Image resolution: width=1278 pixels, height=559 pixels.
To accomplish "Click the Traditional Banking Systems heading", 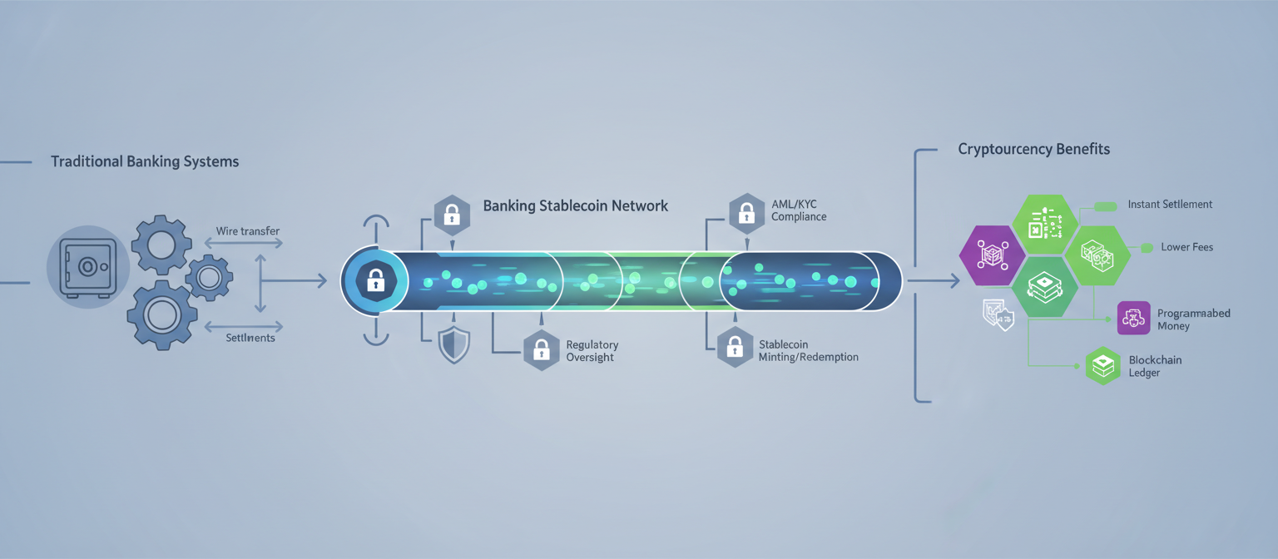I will pyautogui.click(x=145, y=161).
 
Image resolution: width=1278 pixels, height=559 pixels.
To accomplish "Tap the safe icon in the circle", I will pyautogui.click(x=88, y=267).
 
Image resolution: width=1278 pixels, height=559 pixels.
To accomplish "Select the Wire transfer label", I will pyautogui.click(x=248, y=230).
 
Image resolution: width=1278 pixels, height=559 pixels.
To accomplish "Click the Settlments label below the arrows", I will pyautogui.click(x=250, y=338).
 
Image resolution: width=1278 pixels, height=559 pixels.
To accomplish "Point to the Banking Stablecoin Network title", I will pyautogui.click(x=575, y=205).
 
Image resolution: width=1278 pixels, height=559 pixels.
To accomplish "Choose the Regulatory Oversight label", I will pyautogui.click(x=592, y=350).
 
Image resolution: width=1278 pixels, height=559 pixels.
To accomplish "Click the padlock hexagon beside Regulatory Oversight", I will pyautogui.click(x=542, y=350).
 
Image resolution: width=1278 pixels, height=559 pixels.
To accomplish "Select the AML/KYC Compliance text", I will pyautogui.click(x=799, y=210).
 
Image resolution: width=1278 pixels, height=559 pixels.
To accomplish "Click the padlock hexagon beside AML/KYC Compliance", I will pyautogui.click(x=746, y=213).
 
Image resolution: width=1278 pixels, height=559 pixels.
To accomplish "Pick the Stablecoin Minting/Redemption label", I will pyautogui.click(x=808, y=350).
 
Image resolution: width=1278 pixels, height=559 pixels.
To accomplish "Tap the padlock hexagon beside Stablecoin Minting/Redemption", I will pyautogui.click(x=735, y=348).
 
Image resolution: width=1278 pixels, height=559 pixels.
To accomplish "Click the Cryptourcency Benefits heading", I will pyautogui.click(x=1033, y=150).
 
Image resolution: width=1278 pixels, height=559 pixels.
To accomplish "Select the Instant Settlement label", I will pyautogui.click(x=1170, y=204).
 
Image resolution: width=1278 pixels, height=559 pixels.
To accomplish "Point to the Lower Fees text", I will pyautogui.click(x=1187, y=247).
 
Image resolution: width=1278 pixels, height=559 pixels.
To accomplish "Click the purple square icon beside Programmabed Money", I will pyautogui.click(x=1133, y=318).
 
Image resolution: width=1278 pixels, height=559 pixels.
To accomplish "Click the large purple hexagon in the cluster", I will pyautogui.click(x=992, y=255).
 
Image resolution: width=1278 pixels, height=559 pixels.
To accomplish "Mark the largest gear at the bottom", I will pyautogui.click(x=163, y=314).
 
